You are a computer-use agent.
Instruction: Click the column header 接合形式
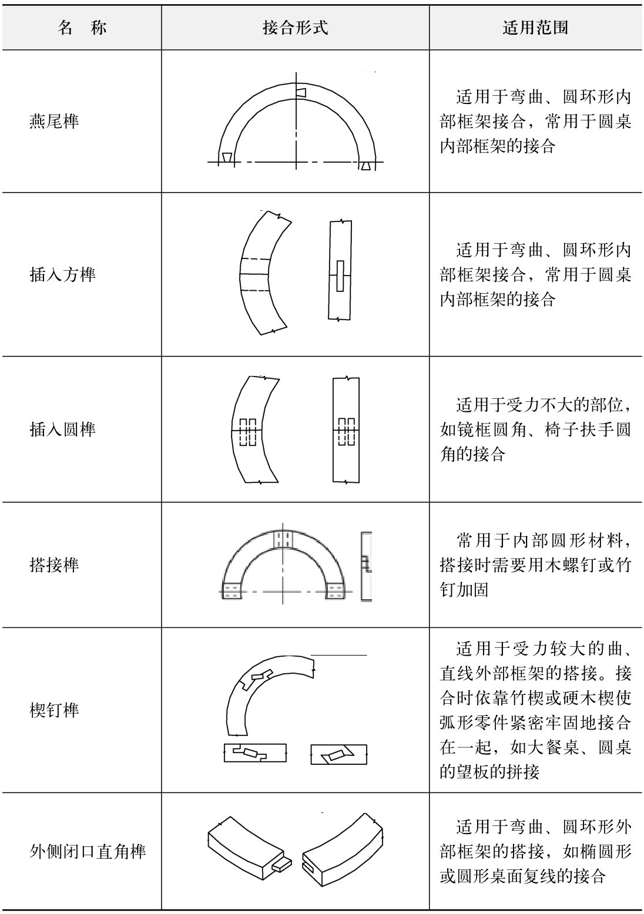coord(295,28)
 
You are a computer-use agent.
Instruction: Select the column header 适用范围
coord(535,28)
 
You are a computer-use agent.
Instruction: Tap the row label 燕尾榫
coord(54,122)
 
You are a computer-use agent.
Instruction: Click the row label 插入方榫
coord(62,274)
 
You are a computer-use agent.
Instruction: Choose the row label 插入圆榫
coord(62,429)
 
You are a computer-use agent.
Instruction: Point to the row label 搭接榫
coord(54,565)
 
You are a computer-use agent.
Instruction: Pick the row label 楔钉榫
coord(54,710)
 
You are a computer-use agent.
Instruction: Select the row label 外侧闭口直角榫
coord(88,851)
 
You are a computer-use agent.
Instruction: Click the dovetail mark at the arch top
coord(301,93)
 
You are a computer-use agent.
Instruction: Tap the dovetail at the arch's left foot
coord(227,158)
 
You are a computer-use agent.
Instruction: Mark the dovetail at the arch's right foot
coord(365,166)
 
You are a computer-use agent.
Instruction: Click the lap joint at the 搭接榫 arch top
coord(283,540)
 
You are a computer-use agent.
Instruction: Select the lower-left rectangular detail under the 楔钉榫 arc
coord(254,753)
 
